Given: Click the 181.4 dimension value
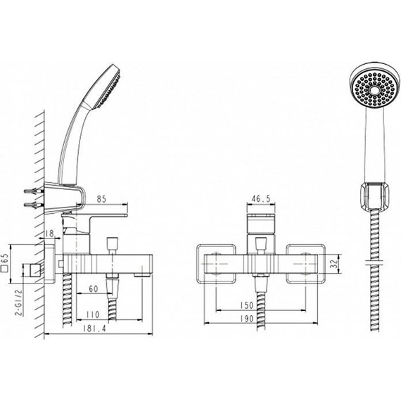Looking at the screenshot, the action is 94,329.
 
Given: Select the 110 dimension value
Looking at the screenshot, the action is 93,314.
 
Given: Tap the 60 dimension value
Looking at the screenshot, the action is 94,288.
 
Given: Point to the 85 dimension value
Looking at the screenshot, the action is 101,199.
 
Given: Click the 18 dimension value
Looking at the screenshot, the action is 50,234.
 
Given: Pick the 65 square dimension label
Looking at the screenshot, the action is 5,263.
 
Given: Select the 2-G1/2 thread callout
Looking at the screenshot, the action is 19,303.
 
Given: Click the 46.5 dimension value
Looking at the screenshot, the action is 261,198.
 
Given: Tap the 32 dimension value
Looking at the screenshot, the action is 333,265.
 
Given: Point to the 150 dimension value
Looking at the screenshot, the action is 247,305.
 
